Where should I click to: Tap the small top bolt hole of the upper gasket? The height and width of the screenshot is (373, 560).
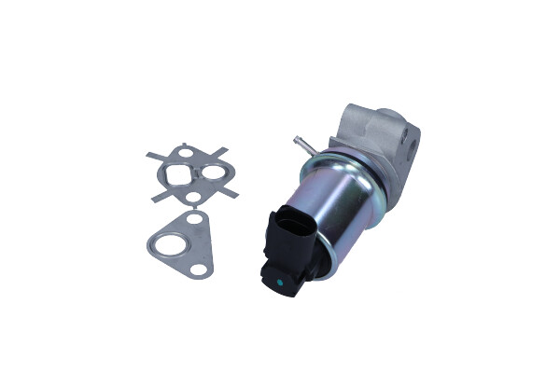(187, 151)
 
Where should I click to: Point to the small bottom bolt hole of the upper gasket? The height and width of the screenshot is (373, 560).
(192, 197)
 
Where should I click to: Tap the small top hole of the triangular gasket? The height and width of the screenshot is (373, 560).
(195, 220)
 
